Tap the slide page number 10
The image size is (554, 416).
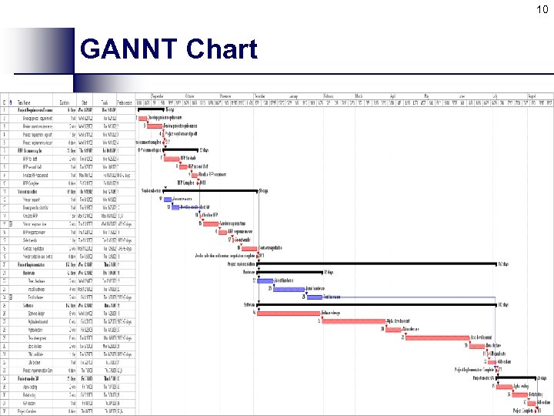pos(542,9)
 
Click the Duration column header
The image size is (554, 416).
pos(65,102)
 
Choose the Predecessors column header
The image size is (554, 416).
pos(124,102)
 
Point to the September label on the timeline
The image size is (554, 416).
pos(157,96)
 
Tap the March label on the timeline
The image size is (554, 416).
pos(359,96)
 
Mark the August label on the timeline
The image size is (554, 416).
pos(532,96)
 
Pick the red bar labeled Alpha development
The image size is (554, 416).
pos(351,320)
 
